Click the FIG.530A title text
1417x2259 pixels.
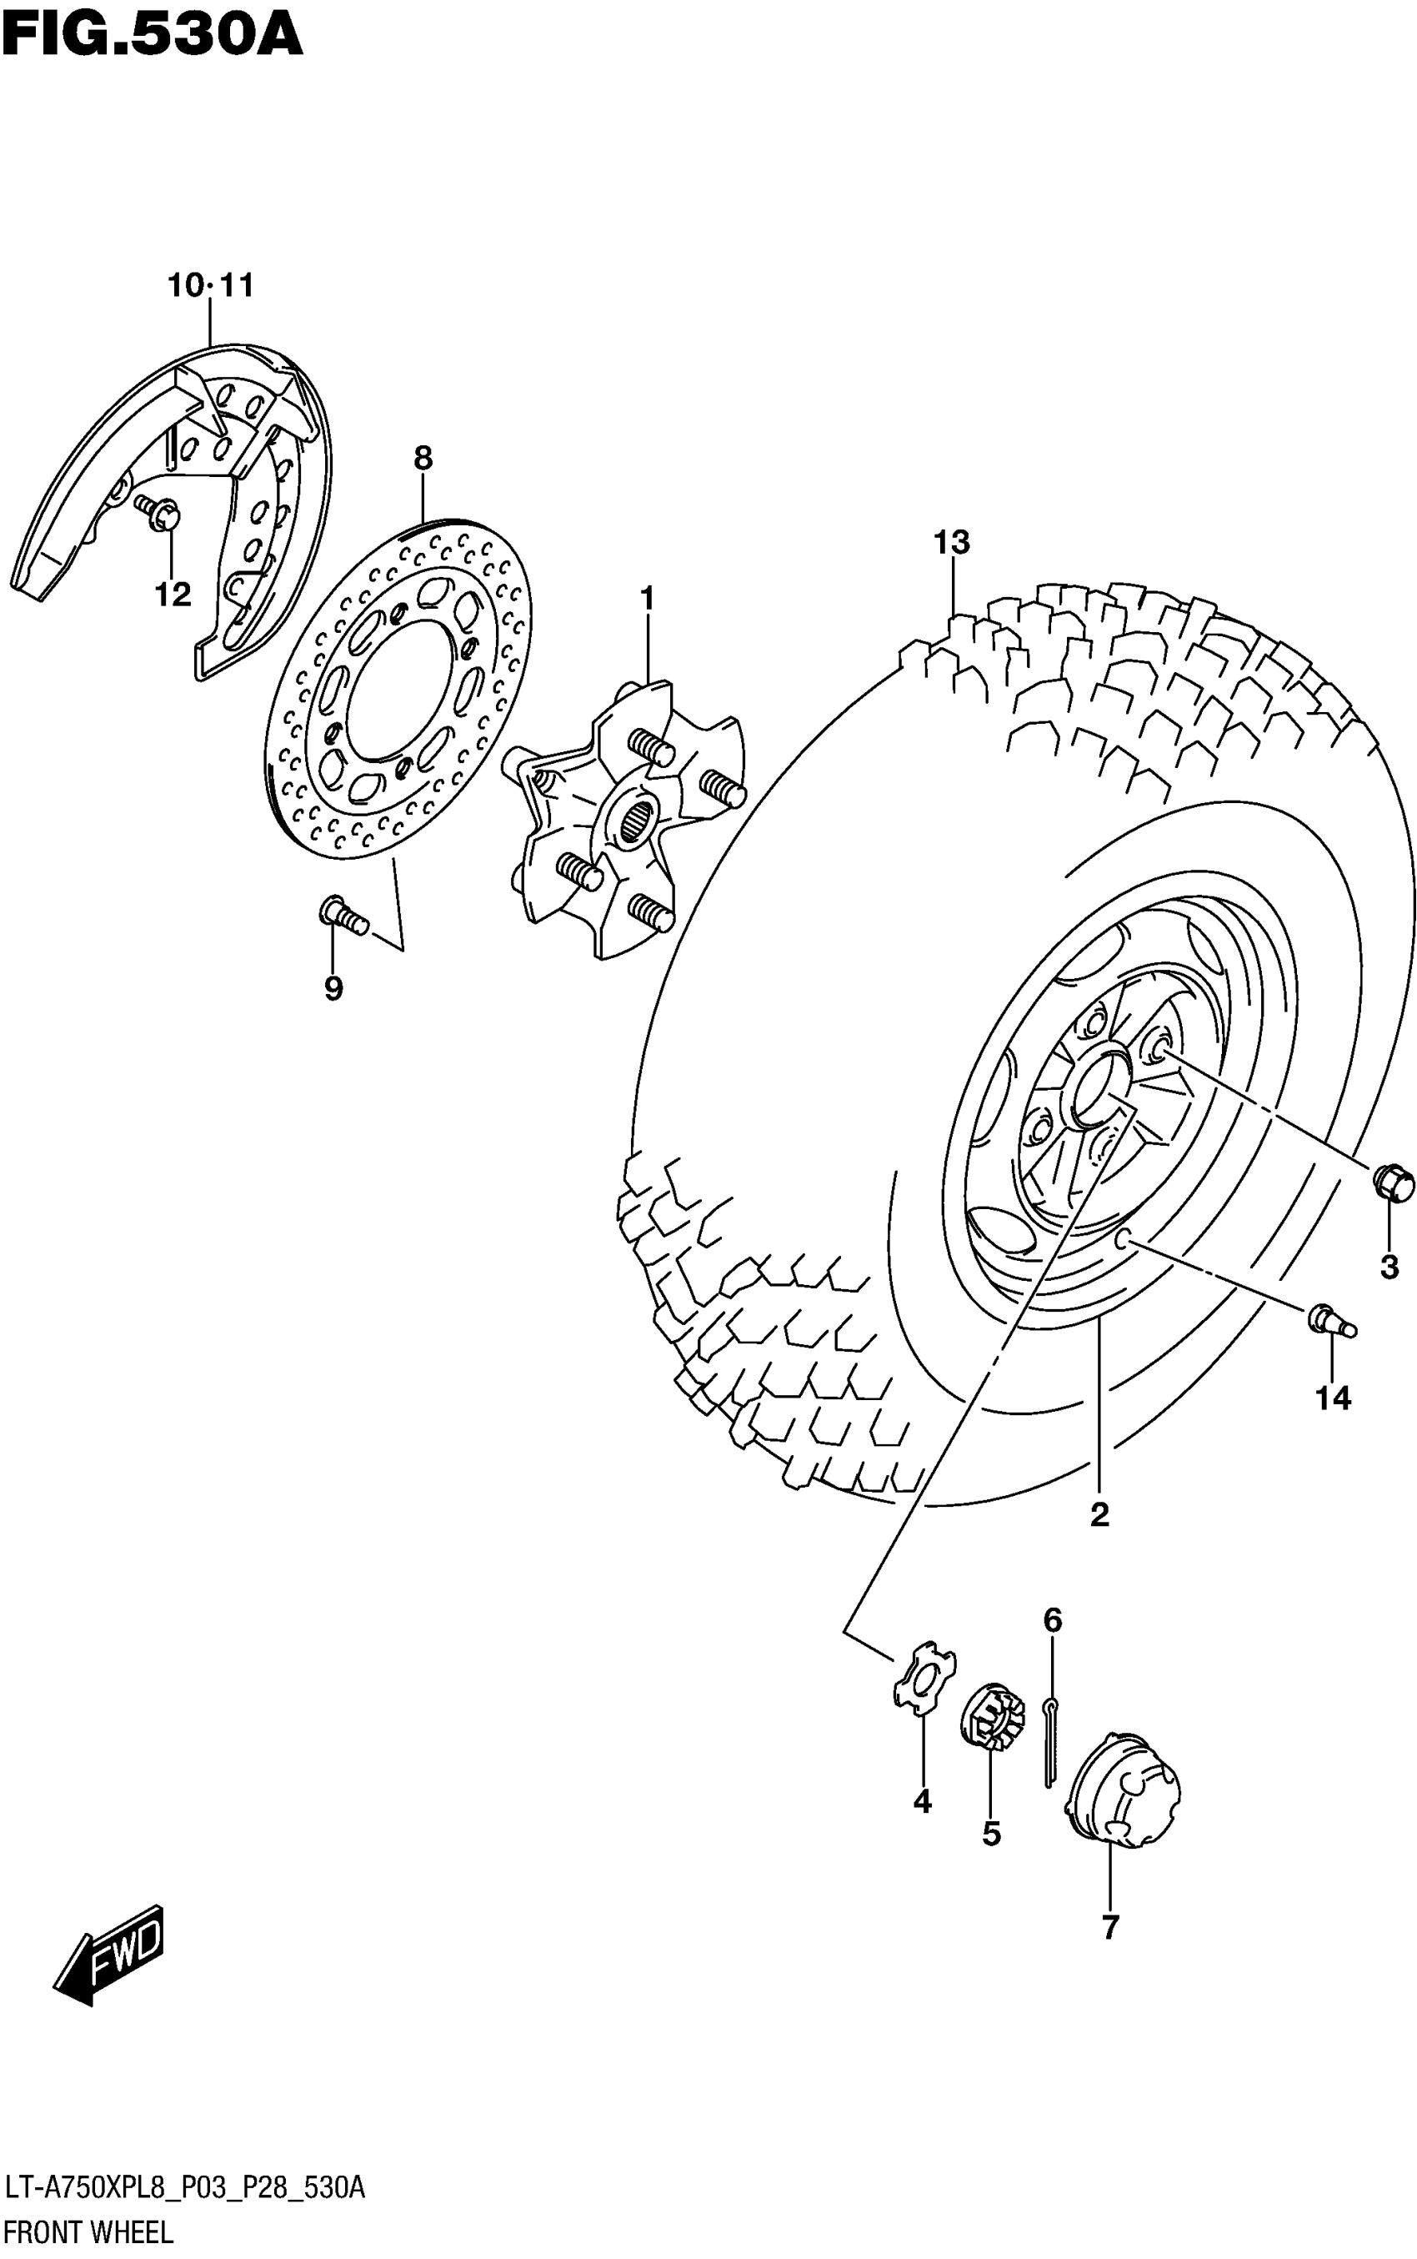point(152,36)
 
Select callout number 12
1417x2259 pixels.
point(173,594)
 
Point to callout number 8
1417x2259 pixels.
point(423,459)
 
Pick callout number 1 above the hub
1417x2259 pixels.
point(647,598)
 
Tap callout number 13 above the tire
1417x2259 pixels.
point(951,543)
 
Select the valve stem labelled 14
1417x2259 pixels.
point(1331,1321)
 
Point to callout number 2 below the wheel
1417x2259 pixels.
point(1099,1514)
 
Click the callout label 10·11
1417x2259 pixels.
point(211,285)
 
